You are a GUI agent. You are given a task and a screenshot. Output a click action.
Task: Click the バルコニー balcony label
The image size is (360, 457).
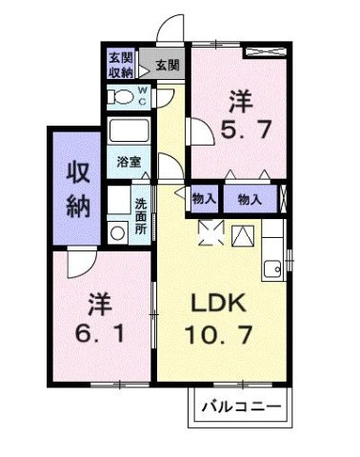click(241, 408)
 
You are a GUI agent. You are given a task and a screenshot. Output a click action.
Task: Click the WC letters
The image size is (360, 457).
click(143, 95)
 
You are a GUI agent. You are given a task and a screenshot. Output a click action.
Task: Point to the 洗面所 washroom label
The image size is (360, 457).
click(140, 215)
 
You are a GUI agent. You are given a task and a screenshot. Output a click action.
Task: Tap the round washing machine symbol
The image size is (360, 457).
click(118, 230)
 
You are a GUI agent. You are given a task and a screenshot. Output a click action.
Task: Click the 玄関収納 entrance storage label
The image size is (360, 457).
click(120, 64)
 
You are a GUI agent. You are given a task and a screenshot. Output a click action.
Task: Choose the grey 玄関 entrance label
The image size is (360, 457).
click(166, 65)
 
